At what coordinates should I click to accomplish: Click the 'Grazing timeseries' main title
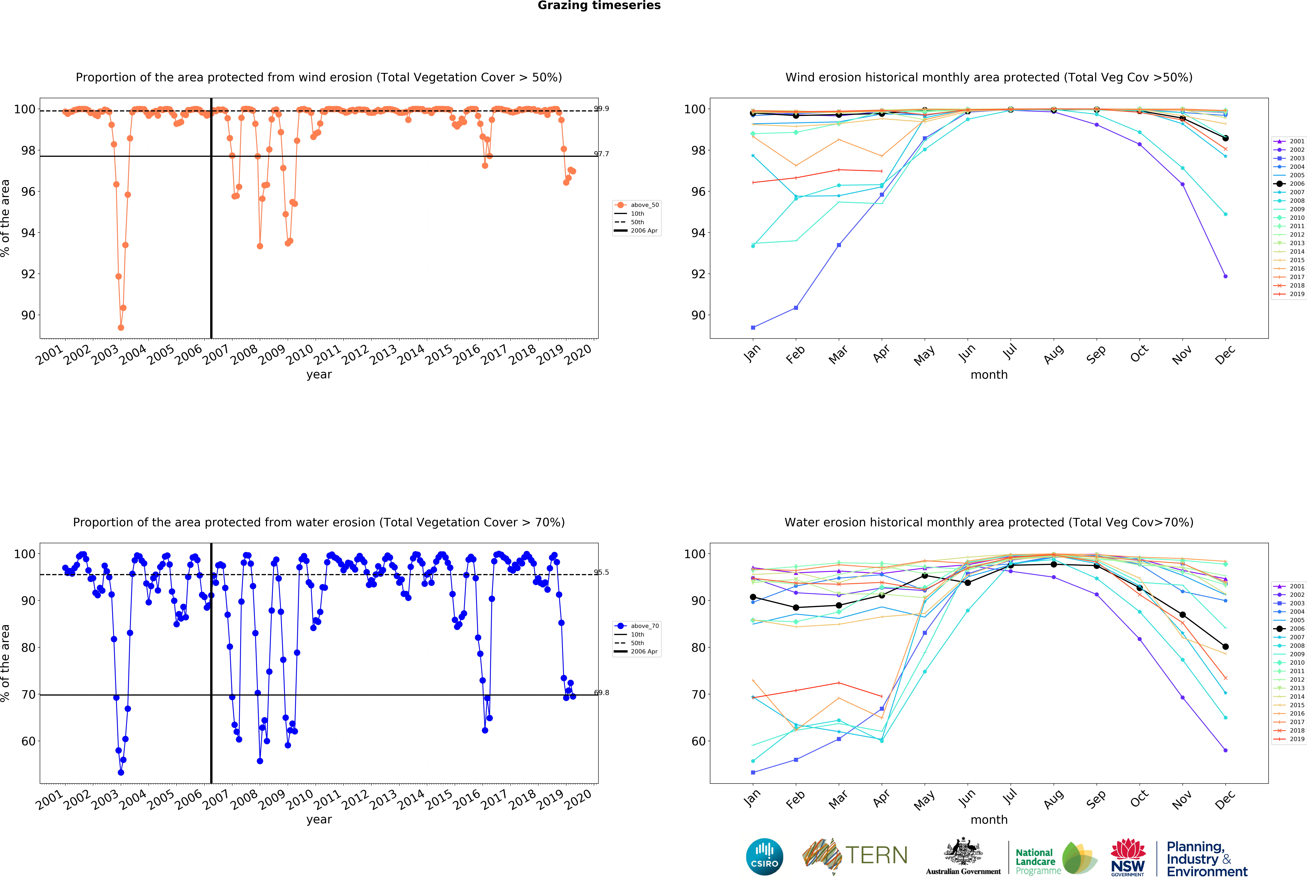coord(599,6)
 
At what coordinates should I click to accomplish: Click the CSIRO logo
coord(764,857)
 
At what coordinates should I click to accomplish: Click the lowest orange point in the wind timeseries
coord(121,327)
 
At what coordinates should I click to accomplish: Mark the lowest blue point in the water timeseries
coord(121,772)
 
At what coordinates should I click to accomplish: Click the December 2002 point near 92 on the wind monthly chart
coord(1225,276)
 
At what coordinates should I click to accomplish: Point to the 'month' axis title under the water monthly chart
coord(989,820)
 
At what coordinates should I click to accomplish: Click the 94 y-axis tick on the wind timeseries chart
coord(28,233)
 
